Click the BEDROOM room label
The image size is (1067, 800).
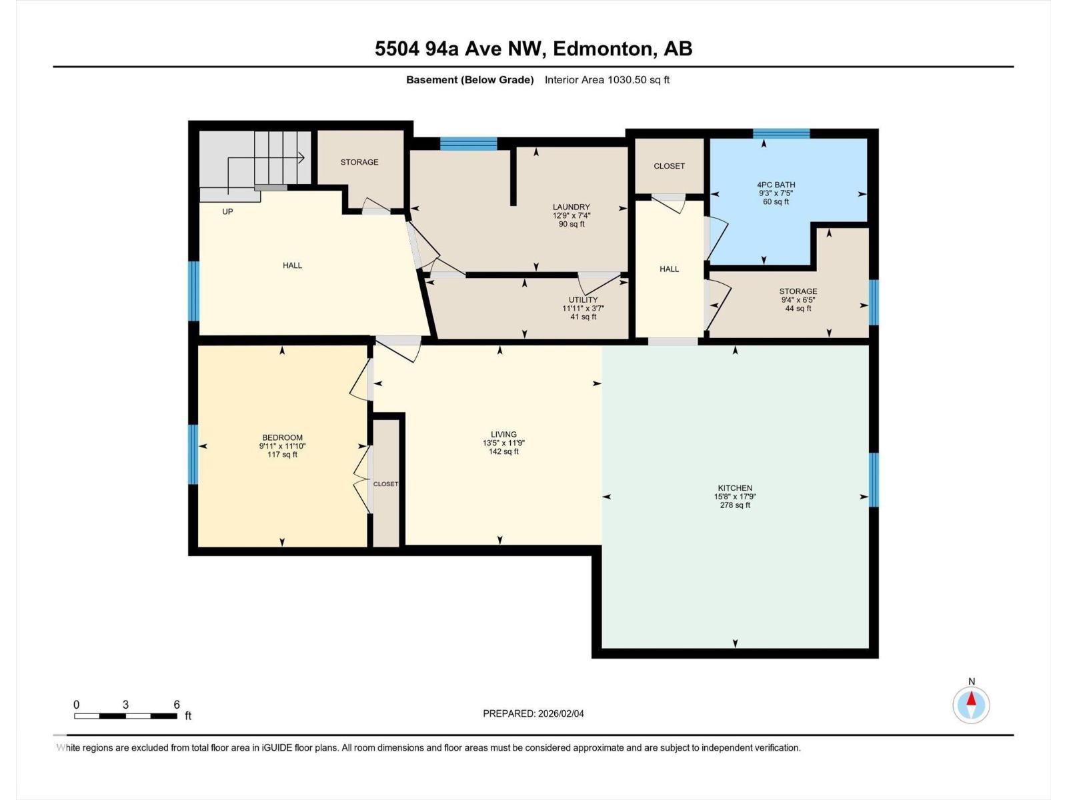[x=282, y=437]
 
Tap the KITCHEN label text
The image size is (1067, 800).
[x=735, y=488]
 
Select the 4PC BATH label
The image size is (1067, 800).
[x=776, y=185]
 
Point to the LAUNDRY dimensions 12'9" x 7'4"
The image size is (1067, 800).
[x=572, y=215]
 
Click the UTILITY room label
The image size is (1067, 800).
[x=583, y=299]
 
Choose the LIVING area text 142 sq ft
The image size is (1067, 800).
[x=503, y=451]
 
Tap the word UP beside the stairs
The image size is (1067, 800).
[x=227, y=211]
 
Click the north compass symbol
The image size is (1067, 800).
[x=971, y=704]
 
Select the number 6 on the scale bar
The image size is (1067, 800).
[x=177, y=704]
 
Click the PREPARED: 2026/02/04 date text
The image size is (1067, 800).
[x=533, y=713]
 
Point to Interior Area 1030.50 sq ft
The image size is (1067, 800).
[x=607, y=80]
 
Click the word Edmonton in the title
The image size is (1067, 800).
[x=602, y=49]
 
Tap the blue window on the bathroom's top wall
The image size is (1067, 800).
[x=781, y=133]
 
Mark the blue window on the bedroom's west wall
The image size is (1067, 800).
[x=193, y=454]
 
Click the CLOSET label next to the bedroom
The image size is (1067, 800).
[x=385, y=484]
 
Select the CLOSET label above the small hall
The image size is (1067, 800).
[x=669, y=166]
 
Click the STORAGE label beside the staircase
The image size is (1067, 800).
[x=359, y=162]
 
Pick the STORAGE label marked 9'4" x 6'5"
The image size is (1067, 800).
[x=798, y=291]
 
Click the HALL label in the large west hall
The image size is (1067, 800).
[x=292, y=265]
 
